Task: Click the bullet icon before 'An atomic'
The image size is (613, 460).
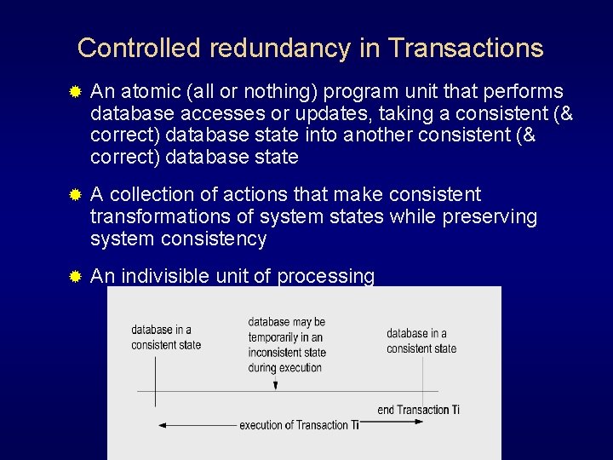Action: (75, 91)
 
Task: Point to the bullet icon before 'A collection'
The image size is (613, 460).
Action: (75, 195)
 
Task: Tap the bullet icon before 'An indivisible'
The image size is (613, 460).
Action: (75, 276)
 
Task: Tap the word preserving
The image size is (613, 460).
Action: (490, 217)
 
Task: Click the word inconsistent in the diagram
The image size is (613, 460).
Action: (276, 353)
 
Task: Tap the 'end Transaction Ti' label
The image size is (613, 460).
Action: (418, 410)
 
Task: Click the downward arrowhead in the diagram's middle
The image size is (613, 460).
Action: (275, 386)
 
